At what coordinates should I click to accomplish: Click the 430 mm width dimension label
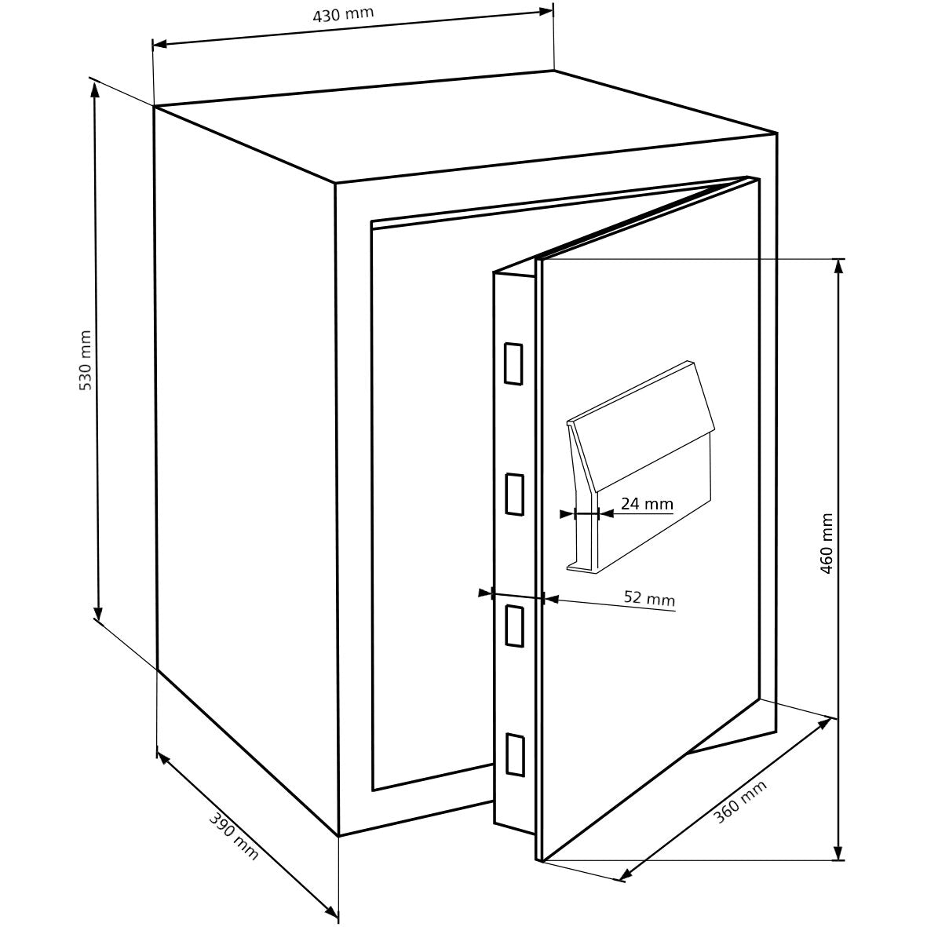(x=344, y=14)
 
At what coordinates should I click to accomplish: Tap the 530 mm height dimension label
(x=85, y=360)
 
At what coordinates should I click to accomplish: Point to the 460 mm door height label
(x=827, y=543)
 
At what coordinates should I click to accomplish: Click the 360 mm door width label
(x=740, y=802)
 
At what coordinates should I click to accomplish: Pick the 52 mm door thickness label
(x=649, y=598)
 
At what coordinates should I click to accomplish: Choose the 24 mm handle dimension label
(x=647, y=504)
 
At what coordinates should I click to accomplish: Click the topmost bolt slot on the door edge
(x=513, y=363)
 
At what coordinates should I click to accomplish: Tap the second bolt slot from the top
(x=514, y=494)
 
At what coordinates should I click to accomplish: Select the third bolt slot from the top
(x=514, y=625)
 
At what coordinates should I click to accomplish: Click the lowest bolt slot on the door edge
(x=514, y=754)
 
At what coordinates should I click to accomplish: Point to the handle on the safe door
(x=641, y=466)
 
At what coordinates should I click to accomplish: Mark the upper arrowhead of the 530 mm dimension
(x=95, y=88)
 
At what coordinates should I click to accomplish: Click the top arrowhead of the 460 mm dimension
(x=838, y=267)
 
